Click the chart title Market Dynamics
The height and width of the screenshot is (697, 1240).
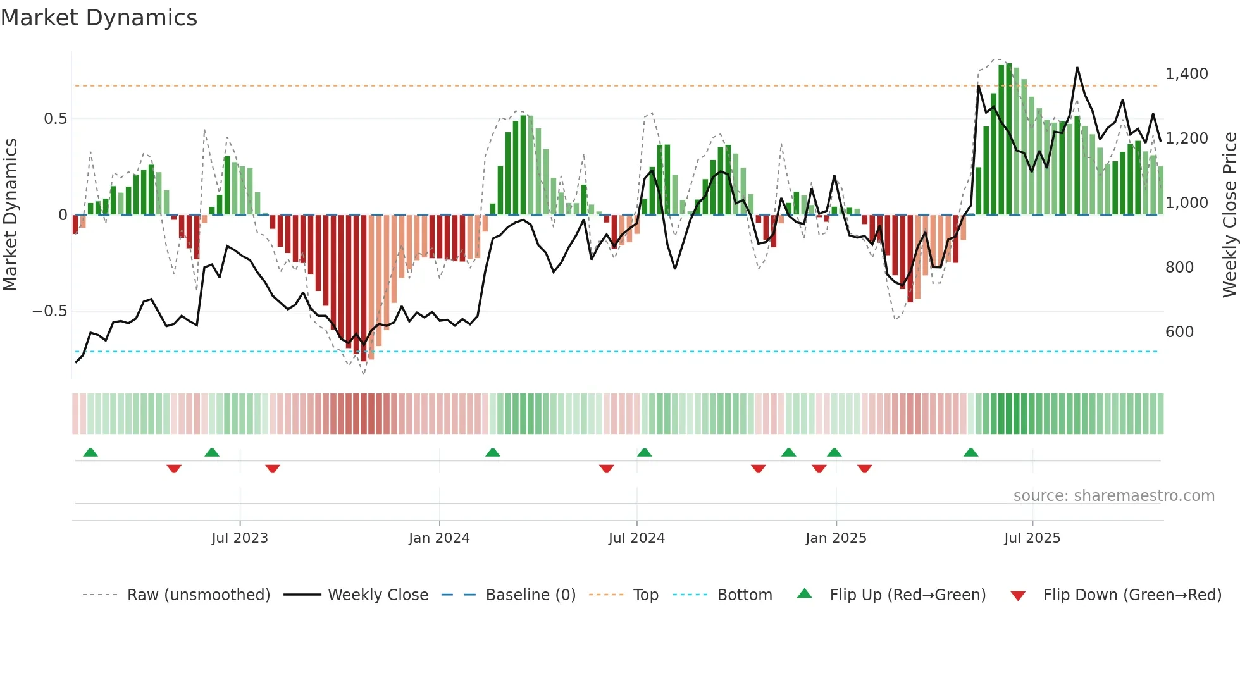tap(99, 18)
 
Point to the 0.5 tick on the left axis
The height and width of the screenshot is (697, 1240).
tap(55, 119)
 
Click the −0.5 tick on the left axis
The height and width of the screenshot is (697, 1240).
tap(49, 311)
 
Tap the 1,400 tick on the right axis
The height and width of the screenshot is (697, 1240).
tap(1187, 74)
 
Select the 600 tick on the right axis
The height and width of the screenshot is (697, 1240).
tap(1179, 332)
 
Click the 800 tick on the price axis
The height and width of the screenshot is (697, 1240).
tap(1179, 268)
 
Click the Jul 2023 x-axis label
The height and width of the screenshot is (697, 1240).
tap(240, 538)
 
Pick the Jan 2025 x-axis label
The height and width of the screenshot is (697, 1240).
tap(836, 538)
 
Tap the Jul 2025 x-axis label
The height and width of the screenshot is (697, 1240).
tap(1032, 538)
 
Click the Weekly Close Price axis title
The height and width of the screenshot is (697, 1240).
tap(1229, 215)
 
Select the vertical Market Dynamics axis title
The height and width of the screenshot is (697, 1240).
tap(10, 215)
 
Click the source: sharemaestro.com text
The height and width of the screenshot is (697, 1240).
tap(1113, 496)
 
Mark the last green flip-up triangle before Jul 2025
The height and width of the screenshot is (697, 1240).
tap(970, 452)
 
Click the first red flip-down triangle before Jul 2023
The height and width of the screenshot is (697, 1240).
tap(174, 469)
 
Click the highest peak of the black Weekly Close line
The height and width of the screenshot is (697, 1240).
tap(1077, 68)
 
